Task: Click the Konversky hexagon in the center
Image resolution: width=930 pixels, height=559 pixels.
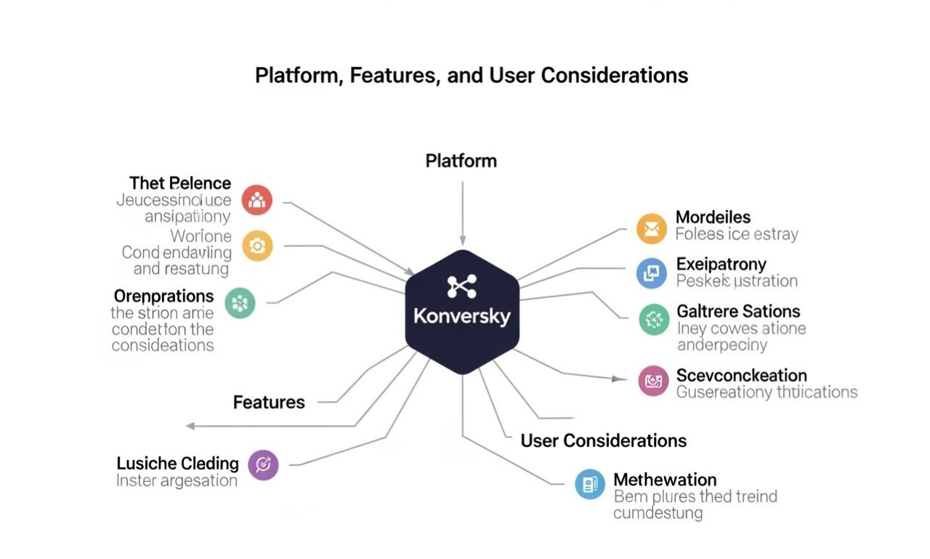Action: [x=462, y=313]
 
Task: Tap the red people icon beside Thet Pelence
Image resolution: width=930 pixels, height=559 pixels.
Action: [x=256, y=200]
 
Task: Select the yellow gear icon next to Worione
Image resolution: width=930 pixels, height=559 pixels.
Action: [x=256, y=246]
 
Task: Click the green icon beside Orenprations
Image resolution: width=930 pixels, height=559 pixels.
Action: [x=240, y=302]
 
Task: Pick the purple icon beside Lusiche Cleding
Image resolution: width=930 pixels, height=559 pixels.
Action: [x=263, y=465]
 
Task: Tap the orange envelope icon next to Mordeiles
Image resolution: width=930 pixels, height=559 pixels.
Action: [x=652, y=229]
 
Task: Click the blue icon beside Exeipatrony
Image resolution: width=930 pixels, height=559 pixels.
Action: [x=652, y=273]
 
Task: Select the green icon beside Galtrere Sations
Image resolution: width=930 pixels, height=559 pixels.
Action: [x=655, y=319]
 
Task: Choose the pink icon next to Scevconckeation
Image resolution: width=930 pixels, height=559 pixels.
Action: [x=653, y=380]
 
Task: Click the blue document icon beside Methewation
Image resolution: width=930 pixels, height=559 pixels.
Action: [x=590, y=484]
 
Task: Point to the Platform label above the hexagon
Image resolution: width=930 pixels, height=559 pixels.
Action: [x=461, y=161]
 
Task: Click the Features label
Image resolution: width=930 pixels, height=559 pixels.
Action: [x=269, y=402]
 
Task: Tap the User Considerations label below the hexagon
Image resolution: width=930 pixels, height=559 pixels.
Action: [x=603, y=441]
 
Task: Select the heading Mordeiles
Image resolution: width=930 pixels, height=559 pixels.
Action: [x=713, y=217]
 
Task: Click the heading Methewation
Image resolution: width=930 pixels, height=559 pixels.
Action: [x=665, y=480]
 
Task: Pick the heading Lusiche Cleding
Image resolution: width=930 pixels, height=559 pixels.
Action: [x=177, y=463]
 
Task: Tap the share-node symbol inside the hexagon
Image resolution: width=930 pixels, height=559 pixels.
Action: [x=462, y=287]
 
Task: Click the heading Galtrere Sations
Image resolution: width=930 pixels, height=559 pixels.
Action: [x=738, y=311]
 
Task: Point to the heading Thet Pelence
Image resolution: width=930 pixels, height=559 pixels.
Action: [x=180, y=183]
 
